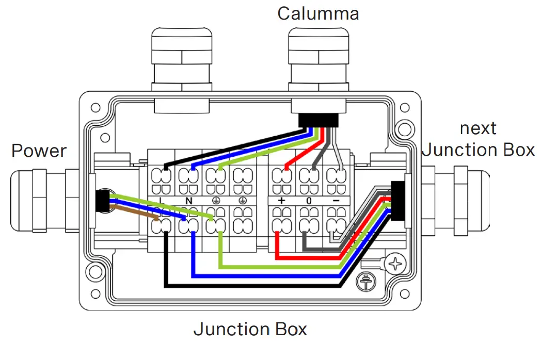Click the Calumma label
(x=318, y=13)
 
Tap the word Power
(x=39, y=151)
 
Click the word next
(x=478, y=128)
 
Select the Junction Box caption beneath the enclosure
(x=250, y=329)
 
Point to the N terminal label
(x=188, y=200)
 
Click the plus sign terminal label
(x=281, y=200)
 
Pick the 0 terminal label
(x=309, y=200)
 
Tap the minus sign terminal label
(x=336, y=200)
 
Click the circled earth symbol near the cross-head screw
(x=367, y=281)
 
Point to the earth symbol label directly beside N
(x=215, y=200)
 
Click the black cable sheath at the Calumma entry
(x=319, y=120)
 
